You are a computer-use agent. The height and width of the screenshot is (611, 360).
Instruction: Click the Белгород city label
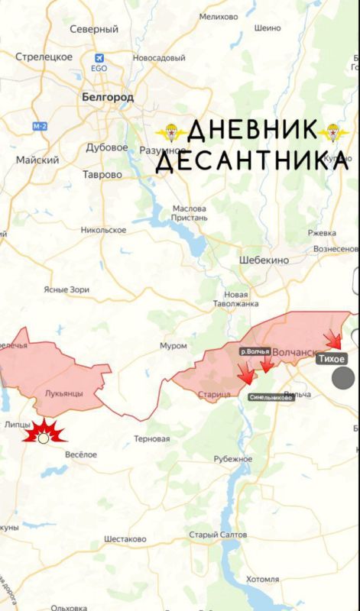[x=107, y=97]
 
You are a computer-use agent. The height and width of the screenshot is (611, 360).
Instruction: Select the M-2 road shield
[x=40, y=124]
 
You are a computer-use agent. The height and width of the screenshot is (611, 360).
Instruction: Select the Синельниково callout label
[x=271, y=397]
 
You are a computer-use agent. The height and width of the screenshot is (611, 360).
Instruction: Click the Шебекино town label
[x=264, y=260]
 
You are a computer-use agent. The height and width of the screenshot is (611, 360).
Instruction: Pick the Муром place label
[x=173, y=346]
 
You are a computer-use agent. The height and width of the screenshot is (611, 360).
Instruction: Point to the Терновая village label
[x=151, y=438]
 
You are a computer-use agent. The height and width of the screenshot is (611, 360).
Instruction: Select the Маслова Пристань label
[x=190, y=213]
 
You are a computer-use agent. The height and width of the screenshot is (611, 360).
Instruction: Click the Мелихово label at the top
[x=219, y=16]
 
